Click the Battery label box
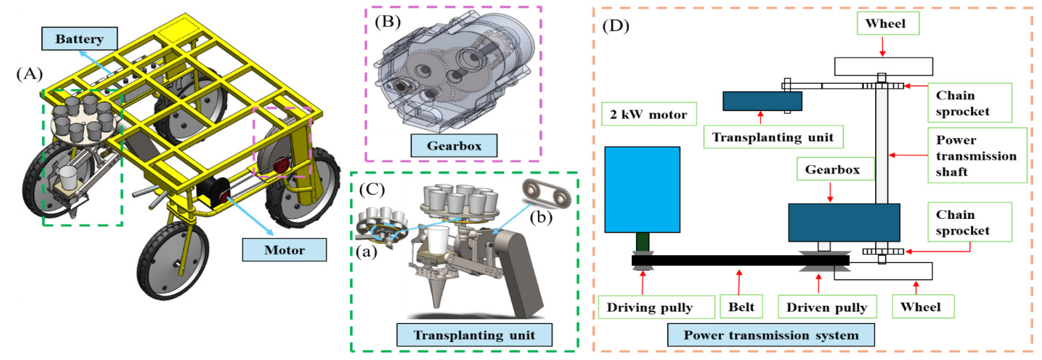pos(80,39)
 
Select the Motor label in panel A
pos(284,250)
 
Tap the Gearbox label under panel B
pos(454,146)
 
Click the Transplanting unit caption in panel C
pos(474,335)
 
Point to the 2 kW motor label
pos(648,114)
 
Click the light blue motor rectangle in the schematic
pos(642,189)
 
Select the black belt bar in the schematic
pos(740,260)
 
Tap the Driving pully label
pos(650,307)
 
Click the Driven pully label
pos(826,307)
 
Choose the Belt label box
pos(741,306)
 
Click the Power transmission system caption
pos(770,335)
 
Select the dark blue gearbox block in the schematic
pos(844,222)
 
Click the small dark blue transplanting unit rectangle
pos(762,101)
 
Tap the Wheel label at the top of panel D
pos(885,24)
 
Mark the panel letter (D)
pos(615,26)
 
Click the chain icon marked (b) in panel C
pos(546,194)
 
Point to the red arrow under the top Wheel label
pos(882,46)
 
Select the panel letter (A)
pos(29,73)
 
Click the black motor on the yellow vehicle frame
pos(212,194)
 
